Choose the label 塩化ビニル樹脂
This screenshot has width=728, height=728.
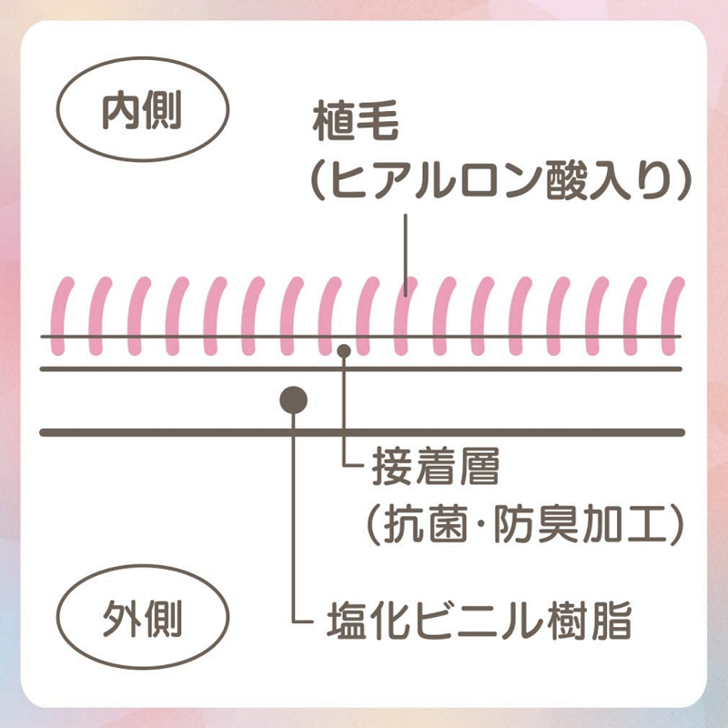pos(479,624)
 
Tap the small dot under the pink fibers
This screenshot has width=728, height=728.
pos(343,350)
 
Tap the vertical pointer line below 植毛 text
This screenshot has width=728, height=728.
pos(406,246)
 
